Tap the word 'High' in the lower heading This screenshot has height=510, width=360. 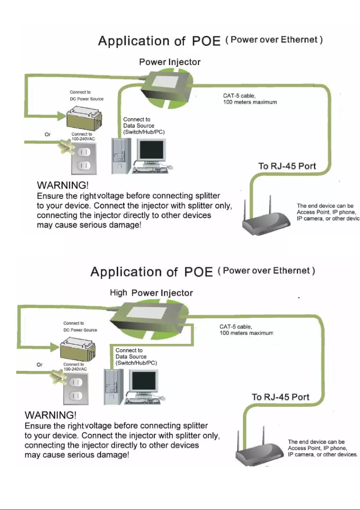(119, 293)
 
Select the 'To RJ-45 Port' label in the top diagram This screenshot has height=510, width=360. (287, 166)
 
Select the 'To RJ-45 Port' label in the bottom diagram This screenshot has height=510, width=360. (281, 397)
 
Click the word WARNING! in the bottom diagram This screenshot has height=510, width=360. (50, 415)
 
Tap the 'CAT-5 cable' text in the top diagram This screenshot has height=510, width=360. (239, 96)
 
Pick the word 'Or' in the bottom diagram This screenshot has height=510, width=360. (40, 365)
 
